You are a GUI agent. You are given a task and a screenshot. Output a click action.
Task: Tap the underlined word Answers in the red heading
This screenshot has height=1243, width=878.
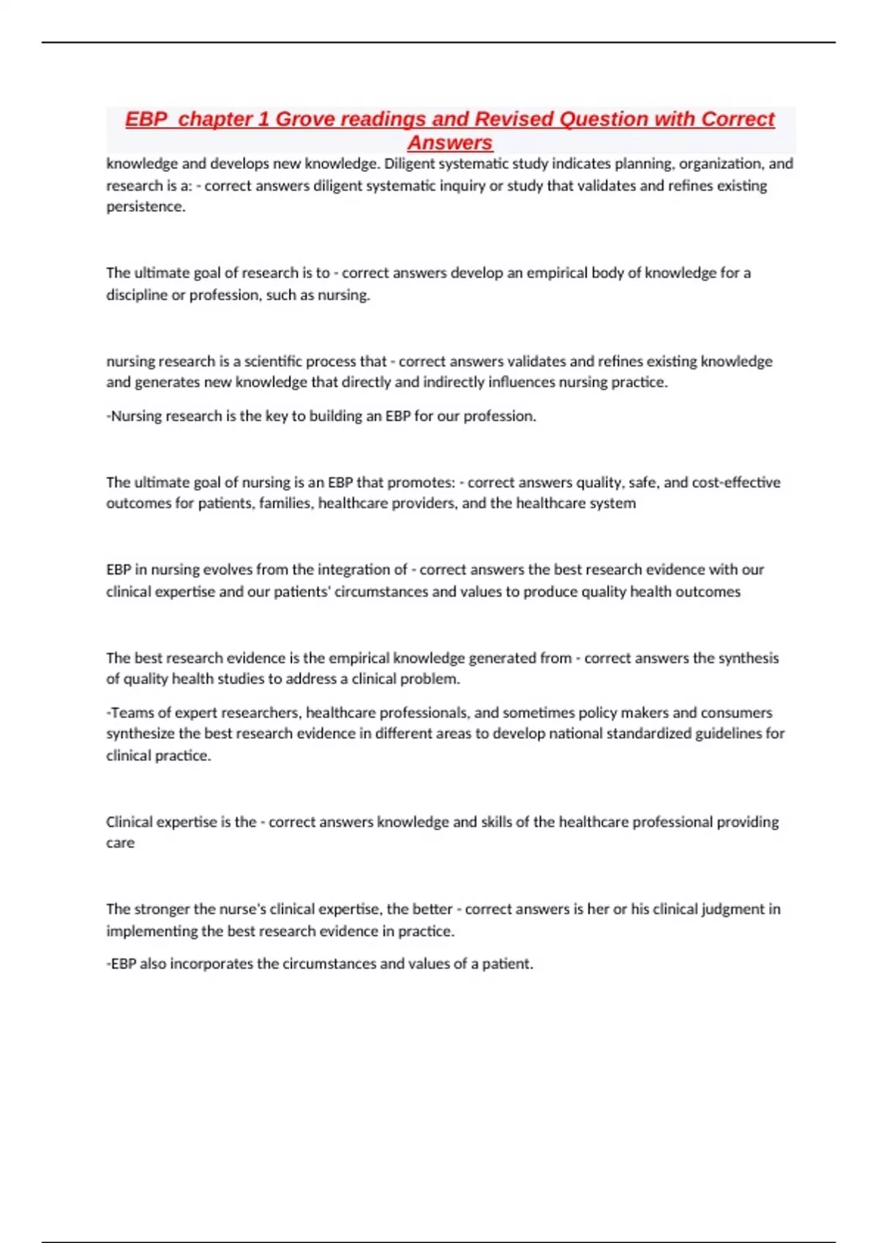pos(449,143)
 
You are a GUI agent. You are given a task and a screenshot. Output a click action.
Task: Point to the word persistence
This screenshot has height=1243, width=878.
pos(145,207)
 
